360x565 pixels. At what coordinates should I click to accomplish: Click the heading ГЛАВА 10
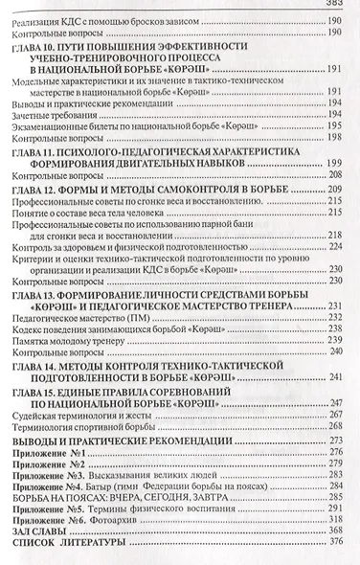click(x=37, y=45)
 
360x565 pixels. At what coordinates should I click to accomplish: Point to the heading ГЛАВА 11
click(x=37, y=153)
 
